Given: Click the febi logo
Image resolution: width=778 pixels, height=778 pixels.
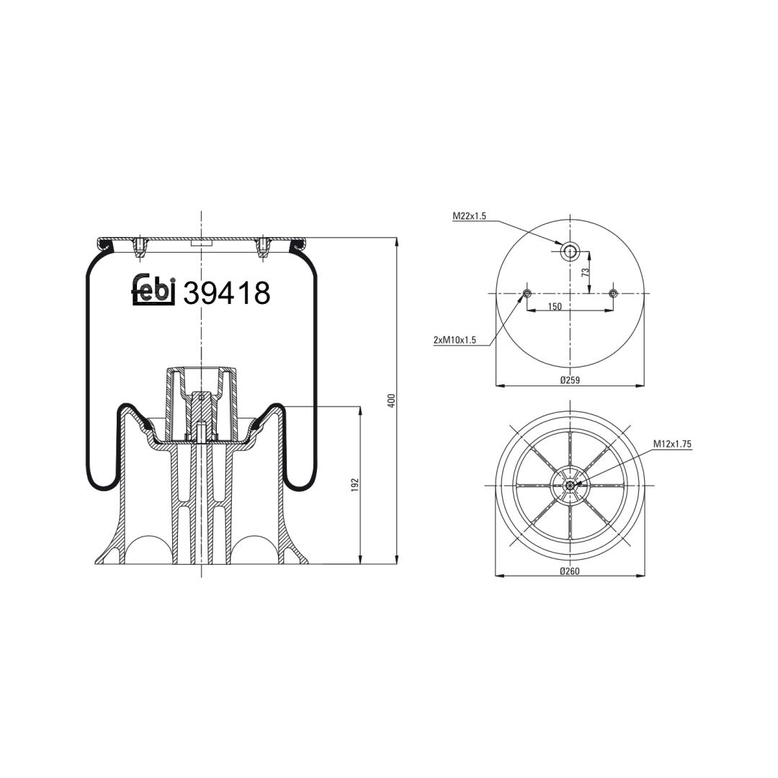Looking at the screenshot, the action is click(x=154, y=290).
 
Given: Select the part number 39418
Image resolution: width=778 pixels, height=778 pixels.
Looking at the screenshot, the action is click(x=227, y=292).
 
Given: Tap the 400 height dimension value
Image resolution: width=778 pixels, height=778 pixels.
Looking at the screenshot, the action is click(x=391, y=401).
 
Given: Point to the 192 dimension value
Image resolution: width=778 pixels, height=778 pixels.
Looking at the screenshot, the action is click(x=354, y=485).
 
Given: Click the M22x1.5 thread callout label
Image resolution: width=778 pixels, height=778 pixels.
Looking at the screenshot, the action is click(x=469, y=216).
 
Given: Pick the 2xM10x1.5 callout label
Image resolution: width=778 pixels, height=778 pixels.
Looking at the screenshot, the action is click(x=455, y=340).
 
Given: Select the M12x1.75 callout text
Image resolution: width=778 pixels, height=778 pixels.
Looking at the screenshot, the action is click(x=672, y=444).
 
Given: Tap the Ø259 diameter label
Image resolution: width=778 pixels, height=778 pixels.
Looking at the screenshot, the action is click(x=570, y=380).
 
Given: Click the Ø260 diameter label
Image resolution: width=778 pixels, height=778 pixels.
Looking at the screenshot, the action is click(x=570, y=571).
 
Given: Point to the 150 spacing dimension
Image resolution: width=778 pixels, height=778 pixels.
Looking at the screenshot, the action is click(x=555, y=307).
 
